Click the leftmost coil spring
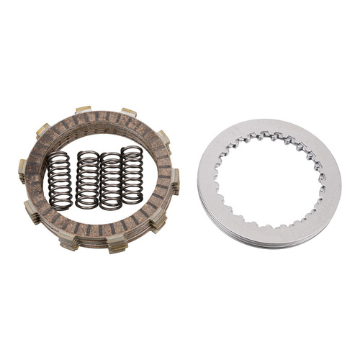(60, 181)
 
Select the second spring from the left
(88, 181)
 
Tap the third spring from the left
(110, 181)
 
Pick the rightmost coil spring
(132, 174)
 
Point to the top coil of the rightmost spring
(132, 150)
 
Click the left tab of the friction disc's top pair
(84, 109)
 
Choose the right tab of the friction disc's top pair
(129, 112)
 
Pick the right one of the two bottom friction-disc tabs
(116, 246)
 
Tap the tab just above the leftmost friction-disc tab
(42, 130)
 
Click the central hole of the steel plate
(268, 181)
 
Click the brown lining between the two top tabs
(107, 117)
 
